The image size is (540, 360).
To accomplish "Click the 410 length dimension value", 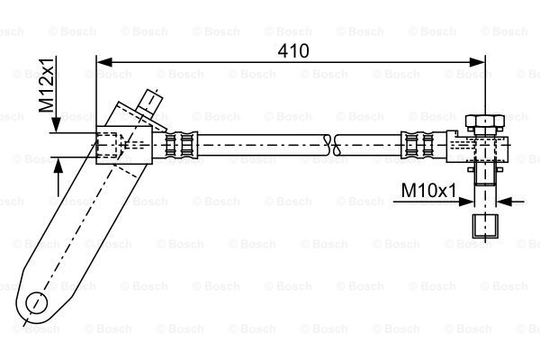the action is tap(293, 51).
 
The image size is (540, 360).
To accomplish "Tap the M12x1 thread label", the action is tap(46, 85).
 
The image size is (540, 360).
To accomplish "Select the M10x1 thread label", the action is tap(428, 191).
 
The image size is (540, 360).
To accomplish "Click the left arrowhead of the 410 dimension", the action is tap(104, 62).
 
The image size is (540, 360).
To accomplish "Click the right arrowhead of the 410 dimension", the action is tap(477, 62).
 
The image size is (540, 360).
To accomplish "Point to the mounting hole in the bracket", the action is tap(37, 302).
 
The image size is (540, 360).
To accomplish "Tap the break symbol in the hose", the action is tap(333, 145).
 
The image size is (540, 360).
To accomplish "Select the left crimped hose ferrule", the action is tap(181, 145).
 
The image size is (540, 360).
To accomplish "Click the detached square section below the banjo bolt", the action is tap(485, 226).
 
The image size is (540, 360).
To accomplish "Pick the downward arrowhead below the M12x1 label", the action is tap(56, 125).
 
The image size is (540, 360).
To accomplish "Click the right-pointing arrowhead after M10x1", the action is tap(466, 202).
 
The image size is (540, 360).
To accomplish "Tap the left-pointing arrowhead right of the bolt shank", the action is tap(504, 202).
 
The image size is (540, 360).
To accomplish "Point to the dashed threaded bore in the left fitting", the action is tap(109, 145).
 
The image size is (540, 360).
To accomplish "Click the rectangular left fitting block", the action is tap(124, 145).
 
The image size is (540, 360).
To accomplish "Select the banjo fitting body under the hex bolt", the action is tap(477, 148).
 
